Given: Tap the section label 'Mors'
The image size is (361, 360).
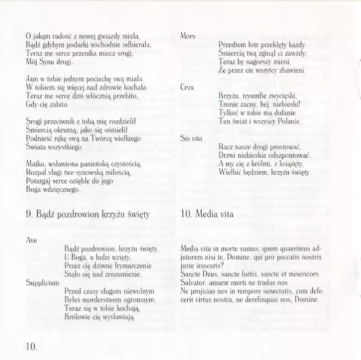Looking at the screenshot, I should [188, 36].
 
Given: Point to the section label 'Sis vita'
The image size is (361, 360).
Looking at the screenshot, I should [191, 138].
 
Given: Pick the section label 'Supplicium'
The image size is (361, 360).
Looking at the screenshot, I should [42, 281].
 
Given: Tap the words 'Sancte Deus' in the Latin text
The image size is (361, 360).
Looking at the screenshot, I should [199, 274].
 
